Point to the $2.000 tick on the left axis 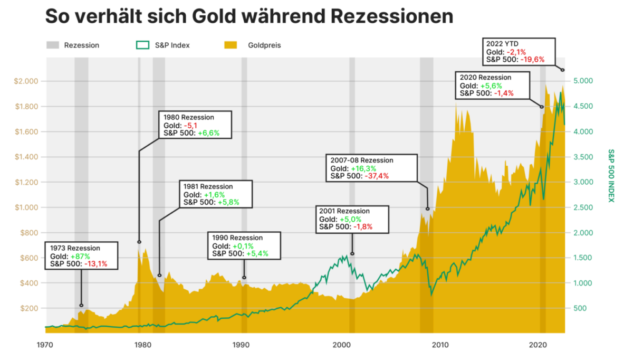pos(33,81)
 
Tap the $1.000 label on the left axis pos(33,207)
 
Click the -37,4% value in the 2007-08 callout pos(376,176)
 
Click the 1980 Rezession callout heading pos(189,117)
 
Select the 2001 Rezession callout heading pos(344,211)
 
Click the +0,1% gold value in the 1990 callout pos(243,246)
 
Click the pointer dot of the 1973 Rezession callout pos(81,305)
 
